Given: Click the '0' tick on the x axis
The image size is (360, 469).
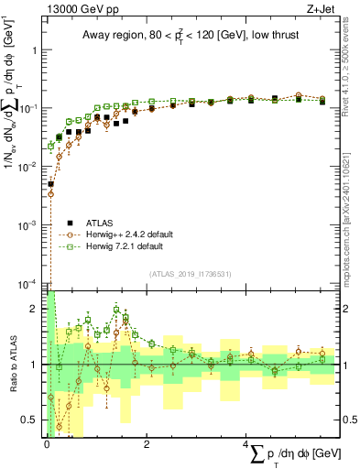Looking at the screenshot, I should (46, 444).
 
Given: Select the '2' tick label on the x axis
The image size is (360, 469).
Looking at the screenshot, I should (147, 444).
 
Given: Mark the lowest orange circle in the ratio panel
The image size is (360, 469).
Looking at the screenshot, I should (60, 427).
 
